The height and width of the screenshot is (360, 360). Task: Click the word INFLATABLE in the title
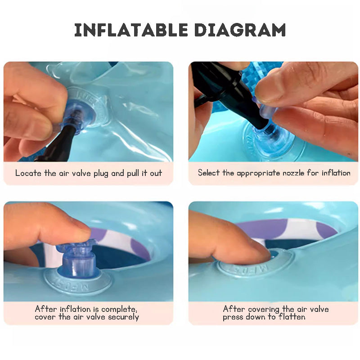[x=131, y=30]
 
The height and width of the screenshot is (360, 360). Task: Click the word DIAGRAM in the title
[x=240, y=30]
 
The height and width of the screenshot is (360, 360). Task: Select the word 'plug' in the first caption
[x=101, y=174]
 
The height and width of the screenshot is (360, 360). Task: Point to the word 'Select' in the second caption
[x=209, y=173]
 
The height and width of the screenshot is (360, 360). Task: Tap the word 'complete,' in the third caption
[x=119, y=310]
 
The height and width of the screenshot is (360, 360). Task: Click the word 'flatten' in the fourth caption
[x=292, y=317]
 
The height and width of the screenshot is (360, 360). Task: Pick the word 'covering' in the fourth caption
[x=264, y=310]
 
